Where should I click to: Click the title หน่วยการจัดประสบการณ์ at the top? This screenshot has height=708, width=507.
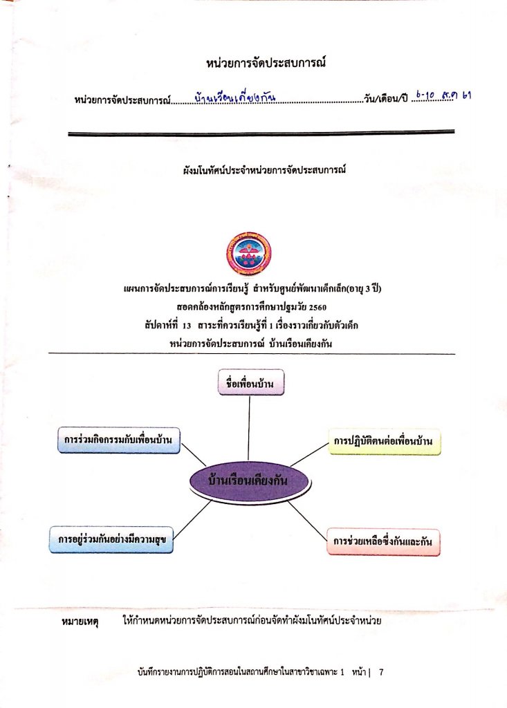coord(266,62)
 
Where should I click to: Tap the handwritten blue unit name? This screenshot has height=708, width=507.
coord(235,97)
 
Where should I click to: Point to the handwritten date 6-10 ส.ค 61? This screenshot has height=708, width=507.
coord(443,95)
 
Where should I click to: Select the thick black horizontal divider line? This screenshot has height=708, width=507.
coord(261,133)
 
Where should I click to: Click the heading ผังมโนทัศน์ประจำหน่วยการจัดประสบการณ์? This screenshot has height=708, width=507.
coord(264,170)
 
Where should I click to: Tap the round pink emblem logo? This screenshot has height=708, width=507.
coord(248,253)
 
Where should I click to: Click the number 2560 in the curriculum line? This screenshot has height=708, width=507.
coord(317,308)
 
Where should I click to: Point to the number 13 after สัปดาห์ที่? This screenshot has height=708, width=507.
coord(187,326)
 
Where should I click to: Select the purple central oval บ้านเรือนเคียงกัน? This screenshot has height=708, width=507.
coord(249,481)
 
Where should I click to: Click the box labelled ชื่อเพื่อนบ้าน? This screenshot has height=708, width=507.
coord(251,382)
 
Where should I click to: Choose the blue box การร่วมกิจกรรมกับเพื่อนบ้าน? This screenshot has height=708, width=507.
coord(118,440)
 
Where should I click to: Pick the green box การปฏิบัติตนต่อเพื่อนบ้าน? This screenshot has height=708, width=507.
coord(384,441)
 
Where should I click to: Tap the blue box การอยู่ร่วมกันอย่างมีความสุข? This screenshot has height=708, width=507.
coord(111,539)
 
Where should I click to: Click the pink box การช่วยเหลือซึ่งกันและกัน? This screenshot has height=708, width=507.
coord(383,542)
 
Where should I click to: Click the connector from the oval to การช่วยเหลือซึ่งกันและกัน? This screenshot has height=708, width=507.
coord(307,521)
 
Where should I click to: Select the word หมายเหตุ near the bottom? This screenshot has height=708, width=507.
coord(80,622)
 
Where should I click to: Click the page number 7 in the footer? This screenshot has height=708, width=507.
coord(381,672)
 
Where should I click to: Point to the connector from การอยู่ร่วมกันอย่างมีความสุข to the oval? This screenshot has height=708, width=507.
coord(192,520)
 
